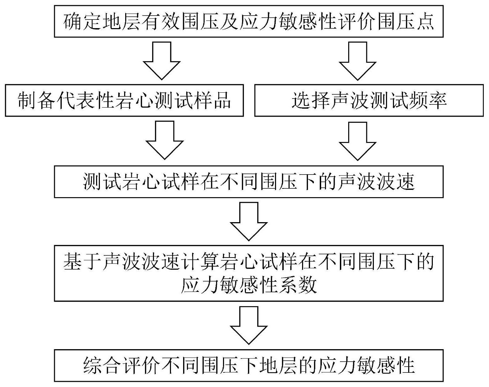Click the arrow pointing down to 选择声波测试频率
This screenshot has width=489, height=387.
358,61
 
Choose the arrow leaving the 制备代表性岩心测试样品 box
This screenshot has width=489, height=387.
164,140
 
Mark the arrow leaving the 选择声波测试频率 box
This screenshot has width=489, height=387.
358,141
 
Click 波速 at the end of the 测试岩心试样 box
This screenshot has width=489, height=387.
395,182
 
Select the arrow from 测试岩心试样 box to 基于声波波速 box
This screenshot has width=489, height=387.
249,221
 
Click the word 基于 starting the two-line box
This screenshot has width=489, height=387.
83,262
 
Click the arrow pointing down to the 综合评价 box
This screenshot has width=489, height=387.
249,325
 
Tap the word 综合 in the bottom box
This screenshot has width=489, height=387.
103,365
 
